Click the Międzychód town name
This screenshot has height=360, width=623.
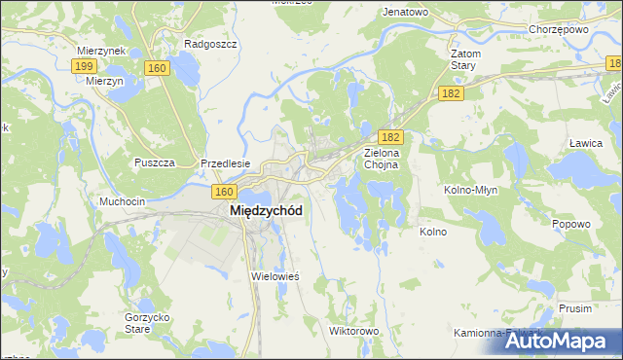265,210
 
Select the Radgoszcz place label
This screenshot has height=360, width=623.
205,44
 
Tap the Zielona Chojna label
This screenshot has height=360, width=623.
388,159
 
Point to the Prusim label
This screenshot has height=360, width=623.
575,307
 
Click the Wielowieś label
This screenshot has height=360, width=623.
275,276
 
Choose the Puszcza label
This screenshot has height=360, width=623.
156,162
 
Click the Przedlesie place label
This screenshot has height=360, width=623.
226,163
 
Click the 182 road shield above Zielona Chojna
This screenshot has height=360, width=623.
389,139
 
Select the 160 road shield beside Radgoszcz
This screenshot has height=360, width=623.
157,68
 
